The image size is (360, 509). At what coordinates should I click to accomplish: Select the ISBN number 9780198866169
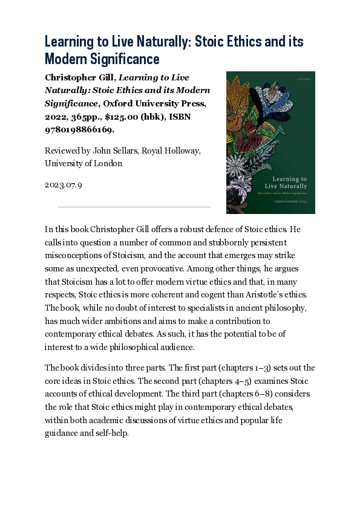coord(79,129)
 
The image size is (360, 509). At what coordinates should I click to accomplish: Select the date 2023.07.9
coord(63,184)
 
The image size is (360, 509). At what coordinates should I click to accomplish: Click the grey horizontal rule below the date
coord(134,207)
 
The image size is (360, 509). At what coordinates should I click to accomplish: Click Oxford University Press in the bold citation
coord(155,103)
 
